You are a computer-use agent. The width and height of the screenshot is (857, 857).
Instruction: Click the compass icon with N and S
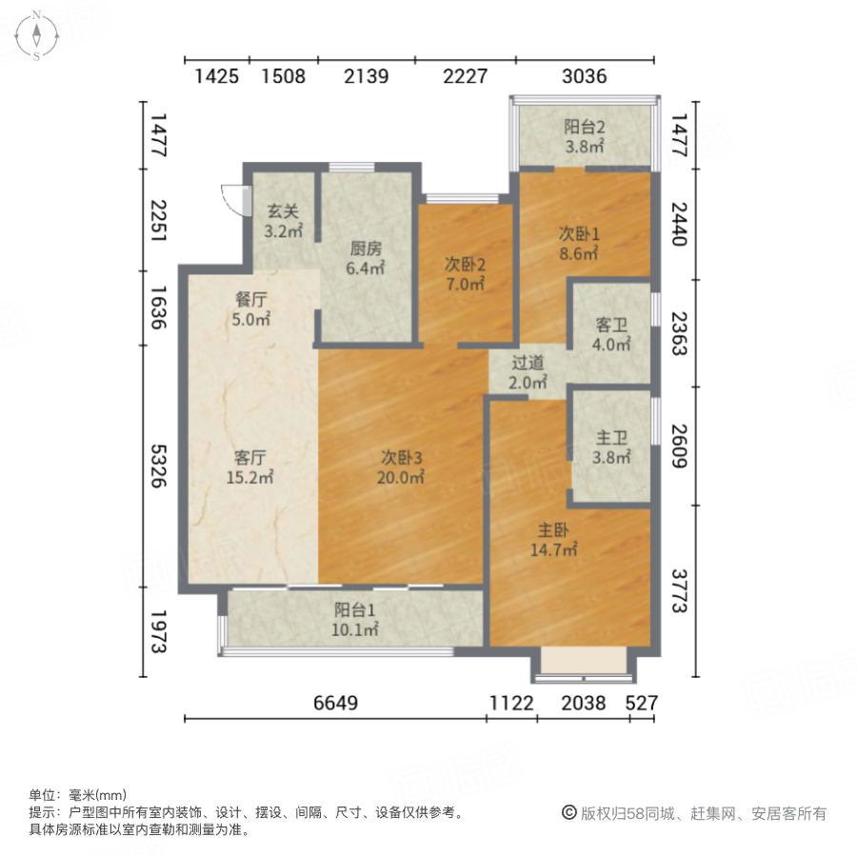(36, 35)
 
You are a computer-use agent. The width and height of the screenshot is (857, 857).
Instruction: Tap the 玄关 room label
(283, 222)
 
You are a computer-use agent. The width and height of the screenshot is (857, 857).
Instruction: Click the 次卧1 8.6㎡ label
(578, 244)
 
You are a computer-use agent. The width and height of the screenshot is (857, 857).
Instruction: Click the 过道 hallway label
(528, 372)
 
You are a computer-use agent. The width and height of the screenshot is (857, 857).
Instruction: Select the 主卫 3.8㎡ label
(611, 448)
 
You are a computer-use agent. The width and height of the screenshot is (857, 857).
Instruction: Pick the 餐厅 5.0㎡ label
(252, 308)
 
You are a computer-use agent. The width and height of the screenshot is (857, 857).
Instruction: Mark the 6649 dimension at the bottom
(335, 704)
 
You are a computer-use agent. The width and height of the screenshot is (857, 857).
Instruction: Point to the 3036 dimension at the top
(584, 77)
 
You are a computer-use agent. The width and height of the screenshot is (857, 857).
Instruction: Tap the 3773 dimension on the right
(677, 591)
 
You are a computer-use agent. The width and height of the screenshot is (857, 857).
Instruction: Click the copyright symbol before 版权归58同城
(568, 813)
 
